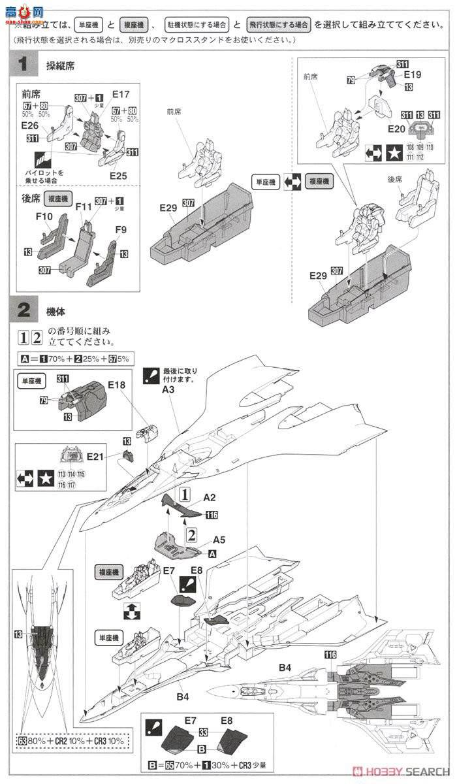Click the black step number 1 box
tap(24, 65)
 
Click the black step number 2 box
tap(24, 312)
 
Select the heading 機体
tap(56, 312)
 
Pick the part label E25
tap(118, 175)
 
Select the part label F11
tap(83, 208)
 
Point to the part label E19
tap(412, 74)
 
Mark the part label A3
tap(168, 390)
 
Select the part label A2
tap(210, 497)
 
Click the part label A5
tap(219, 540)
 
